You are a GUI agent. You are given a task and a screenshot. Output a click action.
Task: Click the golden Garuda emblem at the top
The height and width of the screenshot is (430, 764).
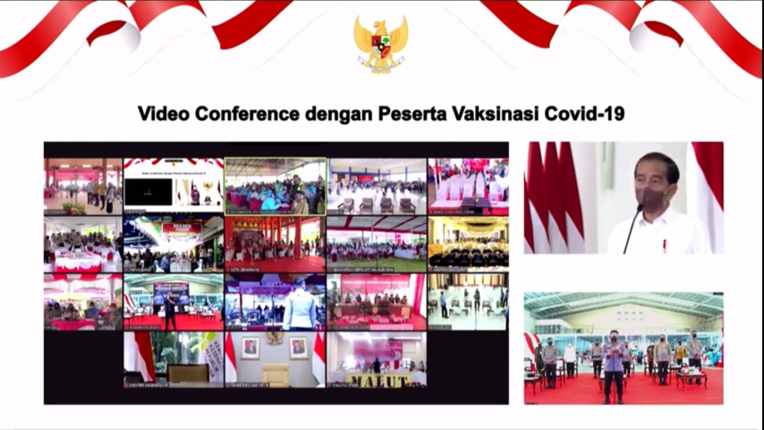pyautogui.click(x=381, y=44)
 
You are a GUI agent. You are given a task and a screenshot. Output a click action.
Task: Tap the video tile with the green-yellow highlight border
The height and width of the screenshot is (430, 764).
pyautogui.click(x=276, y=186)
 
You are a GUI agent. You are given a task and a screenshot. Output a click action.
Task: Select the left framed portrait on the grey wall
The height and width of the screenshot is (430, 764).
pyautogui.click(x=250, y=348)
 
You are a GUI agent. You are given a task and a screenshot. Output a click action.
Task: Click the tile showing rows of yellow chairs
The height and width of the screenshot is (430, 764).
pyautogui.click(x=468, y=244)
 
